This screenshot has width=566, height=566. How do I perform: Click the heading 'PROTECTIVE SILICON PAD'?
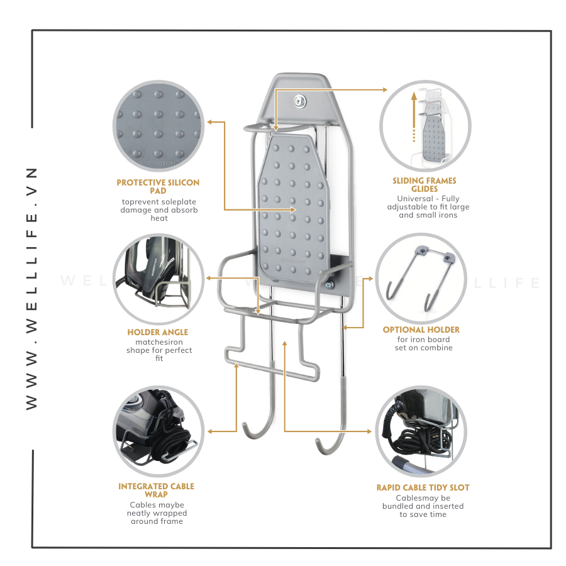point(158,187)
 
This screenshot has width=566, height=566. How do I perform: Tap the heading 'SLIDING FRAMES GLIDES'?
point(425,185)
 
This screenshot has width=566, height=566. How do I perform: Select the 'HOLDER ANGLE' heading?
point(158,332)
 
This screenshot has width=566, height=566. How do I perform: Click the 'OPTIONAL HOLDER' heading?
point(421,330)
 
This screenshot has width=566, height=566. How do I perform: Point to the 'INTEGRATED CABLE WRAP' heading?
point(157,491)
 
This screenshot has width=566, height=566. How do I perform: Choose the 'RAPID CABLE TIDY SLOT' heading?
point(423,487)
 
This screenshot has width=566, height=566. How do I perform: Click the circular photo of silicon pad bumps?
point(158,126)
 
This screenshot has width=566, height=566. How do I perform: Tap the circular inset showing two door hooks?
point(421,279)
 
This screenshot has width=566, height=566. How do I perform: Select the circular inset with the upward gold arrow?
point(425,126)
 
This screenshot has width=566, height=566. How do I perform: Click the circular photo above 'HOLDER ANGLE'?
point(158,279)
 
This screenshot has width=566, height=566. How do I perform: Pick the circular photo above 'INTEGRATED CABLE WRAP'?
point(158,431)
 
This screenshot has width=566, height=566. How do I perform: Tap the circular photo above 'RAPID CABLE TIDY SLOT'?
point(421,431)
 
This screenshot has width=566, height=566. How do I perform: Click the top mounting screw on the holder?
point(299,101)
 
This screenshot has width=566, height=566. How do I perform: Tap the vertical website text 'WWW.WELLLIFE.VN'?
point(32,289)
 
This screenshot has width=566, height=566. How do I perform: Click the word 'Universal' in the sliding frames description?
point(415,199)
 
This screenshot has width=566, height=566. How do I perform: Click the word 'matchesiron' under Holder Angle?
point(159,342)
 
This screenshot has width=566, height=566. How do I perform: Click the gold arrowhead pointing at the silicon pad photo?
point(211,122)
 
